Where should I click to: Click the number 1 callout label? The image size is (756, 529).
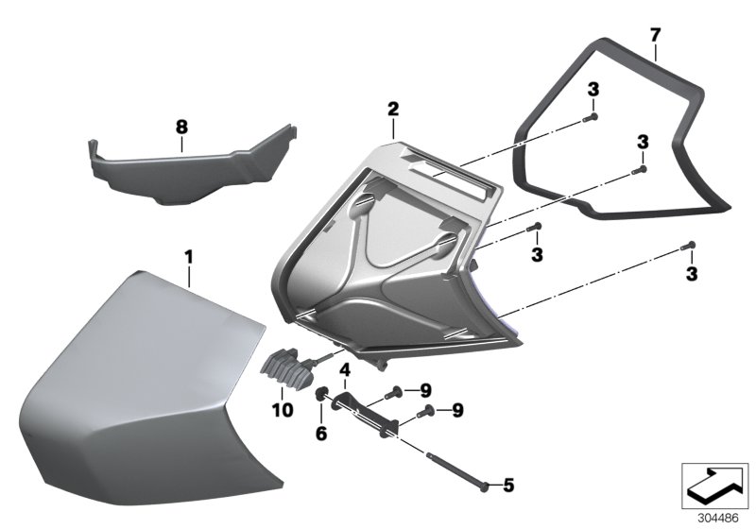(x=188, y=256)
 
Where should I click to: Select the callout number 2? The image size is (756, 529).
(x=392, y=110)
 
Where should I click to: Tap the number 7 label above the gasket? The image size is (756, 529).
(x=655, y=35)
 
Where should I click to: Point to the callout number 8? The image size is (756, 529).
(x=181, y=125)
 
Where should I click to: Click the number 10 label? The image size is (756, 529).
(x=283, y=410)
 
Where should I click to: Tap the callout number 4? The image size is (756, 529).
(x=346, y=369)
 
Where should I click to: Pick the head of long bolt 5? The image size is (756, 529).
(x=484, y=486)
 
